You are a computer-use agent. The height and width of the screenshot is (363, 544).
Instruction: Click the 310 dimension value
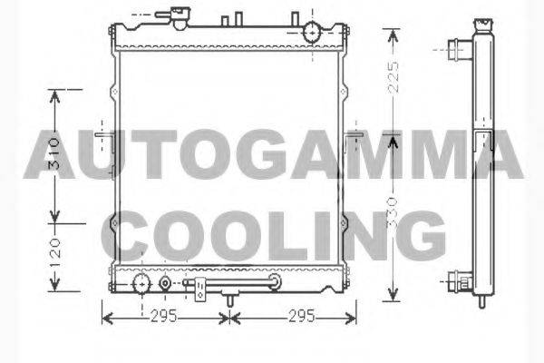pos(54,154)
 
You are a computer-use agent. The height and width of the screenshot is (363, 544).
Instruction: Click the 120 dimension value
pos(54,253)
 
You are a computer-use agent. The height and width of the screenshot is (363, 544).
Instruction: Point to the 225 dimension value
pos(393,77)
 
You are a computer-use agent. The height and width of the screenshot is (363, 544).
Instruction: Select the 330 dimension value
pos(393,212)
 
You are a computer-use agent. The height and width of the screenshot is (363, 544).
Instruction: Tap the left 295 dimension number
pos(163,317)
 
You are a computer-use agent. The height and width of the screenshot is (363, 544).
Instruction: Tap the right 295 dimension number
pos(302,317)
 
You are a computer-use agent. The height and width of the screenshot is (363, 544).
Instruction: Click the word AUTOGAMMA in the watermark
pos(273,154)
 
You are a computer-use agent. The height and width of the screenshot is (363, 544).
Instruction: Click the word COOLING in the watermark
pos(273,236)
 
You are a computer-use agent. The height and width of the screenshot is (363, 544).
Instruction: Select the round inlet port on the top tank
pos(313,32)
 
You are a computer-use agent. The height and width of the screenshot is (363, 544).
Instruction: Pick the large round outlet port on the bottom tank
pos(142,283)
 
